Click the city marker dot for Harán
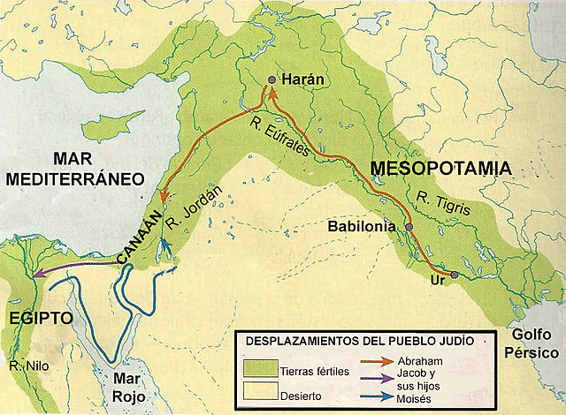(272, 80)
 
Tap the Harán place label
(302, 79)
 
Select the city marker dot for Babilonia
(409, 227)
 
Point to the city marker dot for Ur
(455, 275)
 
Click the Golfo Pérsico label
(534, 344)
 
